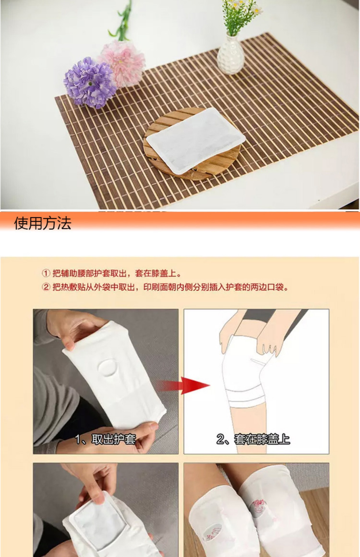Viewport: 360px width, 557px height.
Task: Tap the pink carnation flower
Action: (x=123, y=63)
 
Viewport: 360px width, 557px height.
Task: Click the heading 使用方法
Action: (x=43, y=223)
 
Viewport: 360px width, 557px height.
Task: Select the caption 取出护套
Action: (x=114, y=440)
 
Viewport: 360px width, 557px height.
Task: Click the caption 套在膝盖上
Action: (x=262, y=439)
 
